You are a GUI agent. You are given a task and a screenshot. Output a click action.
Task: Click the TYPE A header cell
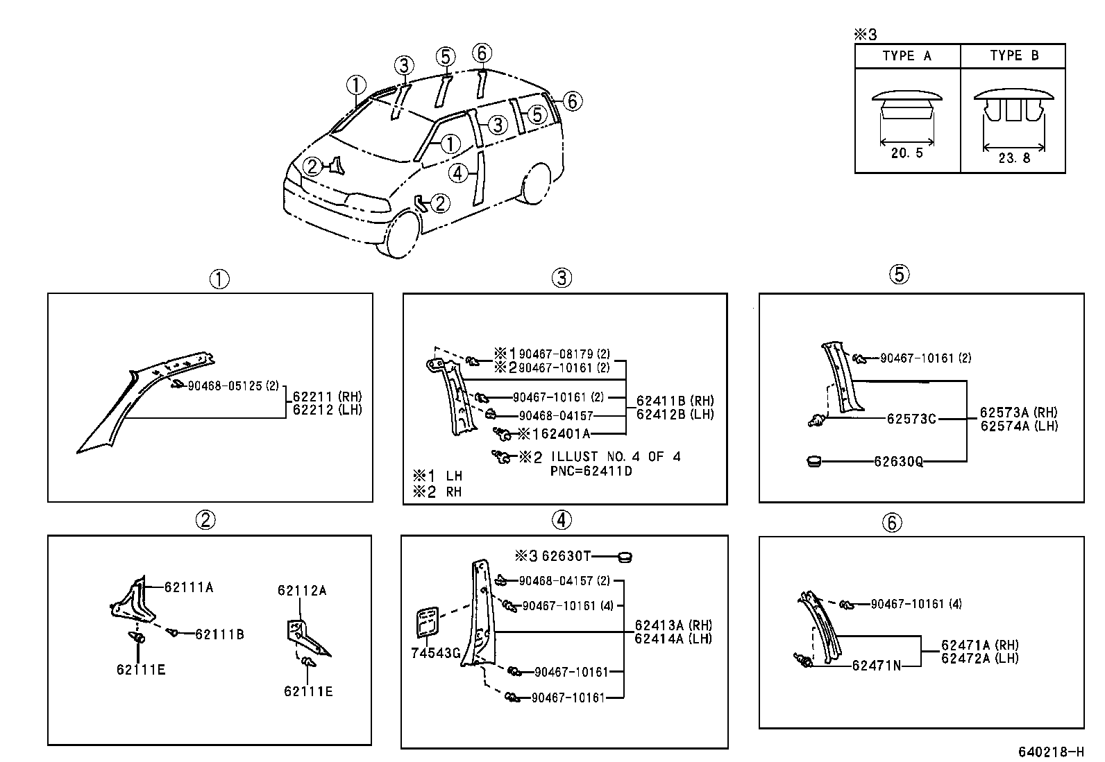(x=906, y=56)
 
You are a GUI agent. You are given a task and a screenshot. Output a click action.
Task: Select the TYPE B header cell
(x=1014, y=56)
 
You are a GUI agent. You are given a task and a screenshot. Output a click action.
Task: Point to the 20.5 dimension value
(x=906, y=153)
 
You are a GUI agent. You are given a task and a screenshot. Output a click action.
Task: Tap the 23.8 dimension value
(x=1014, y=158)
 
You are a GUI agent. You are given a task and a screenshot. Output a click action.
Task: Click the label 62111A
(x=189, y=587)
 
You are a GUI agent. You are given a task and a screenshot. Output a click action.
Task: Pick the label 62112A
(x=302, y=591)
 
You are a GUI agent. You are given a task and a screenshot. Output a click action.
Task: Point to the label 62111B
(x=219, y=634)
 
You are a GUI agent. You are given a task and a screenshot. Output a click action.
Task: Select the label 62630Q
(x=898, y=461)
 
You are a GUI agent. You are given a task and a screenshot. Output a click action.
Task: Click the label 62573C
(x=911, y=419)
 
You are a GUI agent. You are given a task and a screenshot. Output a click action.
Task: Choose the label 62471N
(x=876, y=666)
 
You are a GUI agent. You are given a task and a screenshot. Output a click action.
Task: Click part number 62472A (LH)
(x=980, y=658)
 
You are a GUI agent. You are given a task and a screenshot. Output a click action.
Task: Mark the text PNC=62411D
(x=591, y=471)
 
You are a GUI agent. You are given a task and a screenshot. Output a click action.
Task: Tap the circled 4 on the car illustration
(x=458, y=173)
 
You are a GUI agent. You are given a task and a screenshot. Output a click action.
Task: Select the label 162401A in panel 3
(x=561, y=434)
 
